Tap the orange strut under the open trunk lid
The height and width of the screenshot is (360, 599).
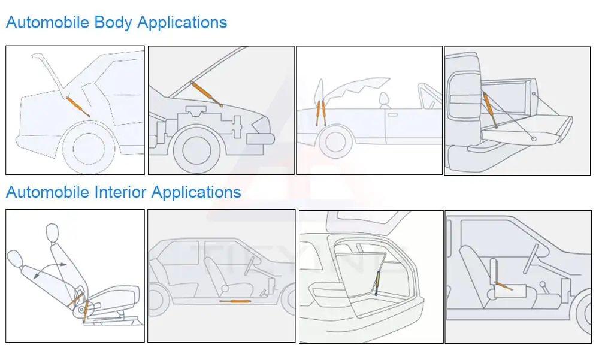(x=77, y=105)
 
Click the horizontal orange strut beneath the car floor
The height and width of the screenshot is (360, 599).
(x=236, y=300)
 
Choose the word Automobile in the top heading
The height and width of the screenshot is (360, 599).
(x=47, y=23)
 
